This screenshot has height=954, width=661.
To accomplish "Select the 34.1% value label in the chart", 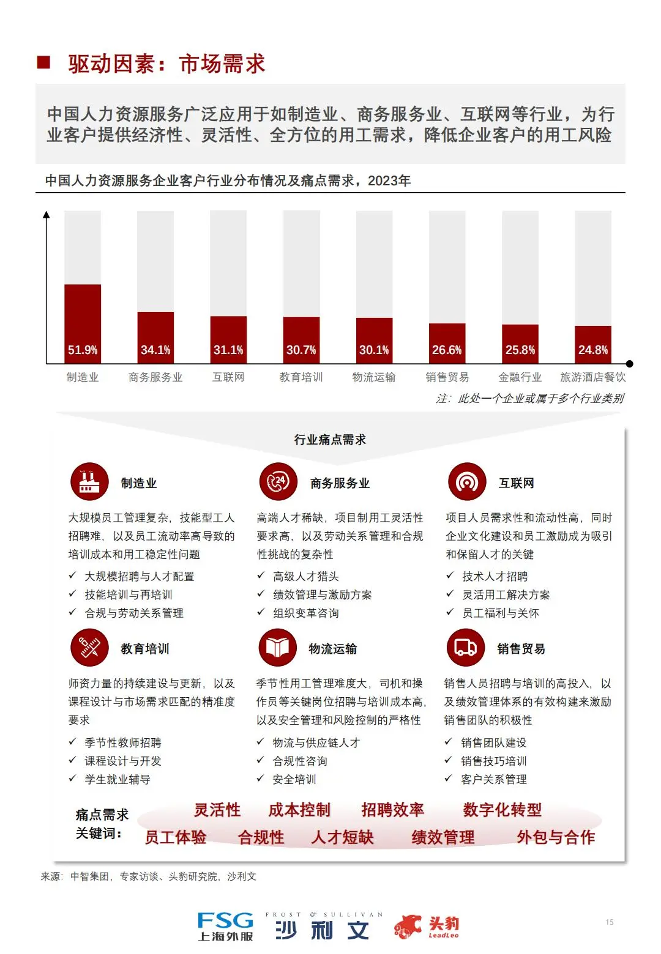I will tap(155, 350).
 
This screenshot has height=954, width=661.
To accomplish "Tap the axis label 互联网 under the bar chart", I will tap(228, 377).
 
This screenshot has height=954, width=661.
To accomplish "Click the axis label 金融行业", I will tap(520, 377).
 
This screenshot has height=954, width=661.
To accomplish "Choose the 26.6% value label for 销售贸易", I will tap(447, 350).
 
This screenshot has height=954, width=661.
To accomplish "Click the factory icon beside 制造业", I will tap(89, 482).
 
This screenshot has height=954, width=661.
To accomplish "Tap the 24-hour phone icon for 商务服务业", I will tap(278, 482).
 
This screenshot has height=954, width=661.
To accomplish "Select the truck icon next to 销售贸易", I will tap(466, 648).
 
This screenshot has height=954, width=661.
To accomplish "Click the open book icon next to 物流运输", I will tap(277, 648).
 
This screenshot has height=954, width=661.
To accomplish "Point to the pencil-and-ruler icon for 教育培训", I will tap(89, 648).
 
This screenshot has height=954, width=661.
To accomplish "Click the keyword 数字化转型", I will tap(502, 810).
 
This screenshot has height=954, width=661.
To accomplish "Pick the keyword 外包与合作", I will tap(556, 837).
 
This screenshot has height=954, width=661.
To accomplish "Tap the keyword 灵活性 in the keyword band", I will tap(217, 810).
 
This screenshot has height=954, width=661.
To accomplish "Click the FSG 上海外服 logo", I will tap(225, 926).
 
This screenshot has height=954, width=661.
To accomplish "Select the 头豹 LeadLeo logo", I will tap(427, 926).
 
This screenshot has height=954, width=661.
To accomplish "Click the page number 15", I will tap(610, 922).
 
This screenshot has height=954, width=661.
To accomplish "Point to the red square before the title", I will tap(43, 62).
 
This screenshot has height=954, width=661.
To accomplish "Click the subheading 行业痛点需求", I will tap(330, 440).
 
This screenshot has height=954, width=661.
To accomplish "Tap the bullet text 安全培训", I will tap(294, 780).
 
